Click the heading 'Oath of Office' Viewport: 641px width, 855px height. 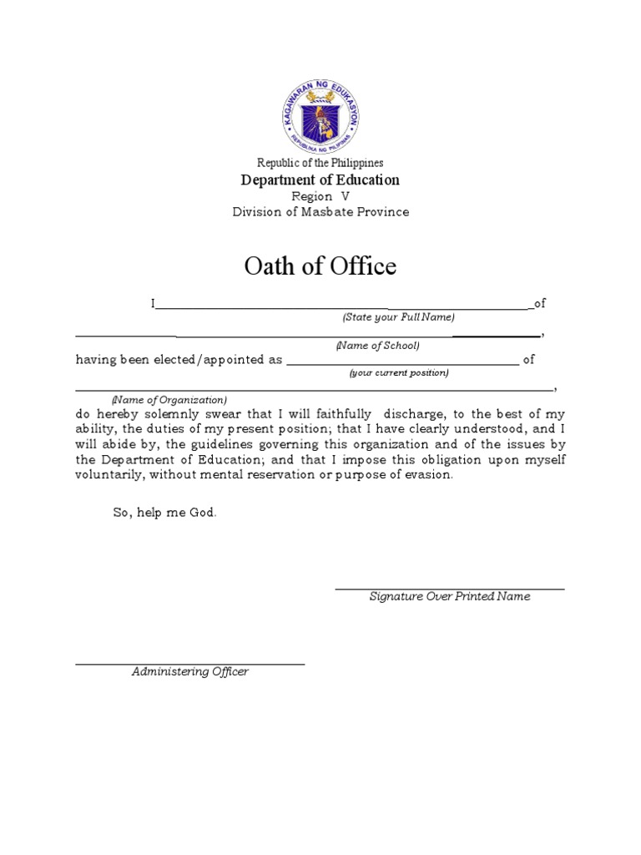click(320, 266)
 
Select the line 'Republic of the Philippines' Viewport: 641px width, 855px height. click(320, 164)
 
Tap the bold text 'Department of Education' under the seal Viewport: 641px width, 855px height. click(320, 180)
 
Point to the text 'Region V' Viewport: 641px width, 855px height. click(320, 196)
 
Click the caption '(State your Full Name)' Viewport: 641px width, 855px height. click(398, 317)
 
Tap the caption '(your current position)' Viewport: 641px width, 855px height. click(398, 373)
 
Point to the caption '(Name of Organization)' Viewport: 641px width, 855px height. click(169, 400)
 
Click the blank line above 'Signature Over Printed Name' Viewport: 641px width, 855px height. click(450, 589)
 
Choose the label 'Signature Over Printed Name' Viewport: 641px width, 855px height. click(450, 597)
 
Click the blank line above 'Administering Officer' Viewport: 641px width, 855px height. click(190, 665)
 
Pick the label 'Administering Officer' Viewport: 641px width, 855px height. click(190, 672)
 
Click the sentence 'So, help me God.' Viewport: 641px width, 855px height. click(165, 513)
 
